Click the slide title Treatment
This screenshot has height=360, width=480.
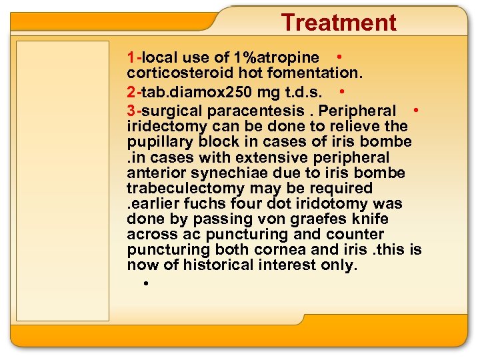click(x=339, y=23)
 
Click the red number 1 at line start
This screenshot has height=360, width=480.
click(x=131, y=58)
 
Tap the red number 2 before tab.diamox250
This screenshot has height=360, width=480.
click(x=131, y=89)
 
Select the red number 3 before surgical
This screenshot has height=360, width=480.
click(x=131, y=111)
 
